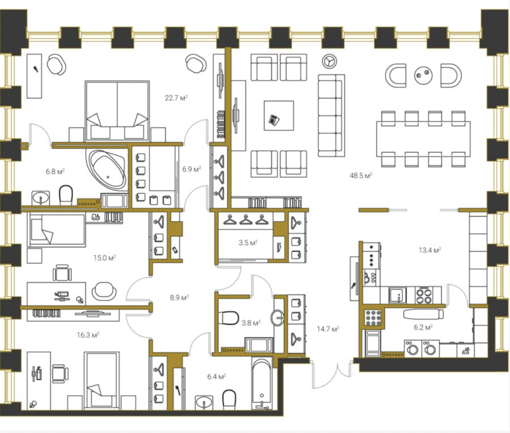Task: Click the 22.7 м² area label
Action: tap(176, 98)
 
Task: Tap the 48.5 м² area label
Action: tap(361, 175)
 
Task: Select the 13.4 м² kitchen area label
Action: tap(430, 250)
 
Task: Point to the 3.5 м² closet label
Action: tap(248, 243)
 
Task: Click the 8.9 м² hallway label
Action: tap(179, 297)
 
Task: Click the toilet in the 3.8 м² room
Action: tap(229, 318)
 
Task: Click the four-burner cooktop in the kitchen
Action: tap(424, 295)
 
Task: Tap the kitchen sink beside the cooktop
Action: tap(397, 295)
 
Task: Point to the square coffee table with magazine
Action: tap(279, 115)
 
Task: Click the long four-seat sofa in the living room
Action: tap(331, 116)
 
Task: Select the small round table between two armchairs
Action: tap(423, 75)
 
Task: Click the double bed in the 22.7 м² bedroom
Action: tap(117, 111)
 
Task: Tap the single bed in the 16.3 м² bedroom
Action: tap(102, 381)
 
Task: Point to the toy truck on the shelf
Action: tap(95, 217)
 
